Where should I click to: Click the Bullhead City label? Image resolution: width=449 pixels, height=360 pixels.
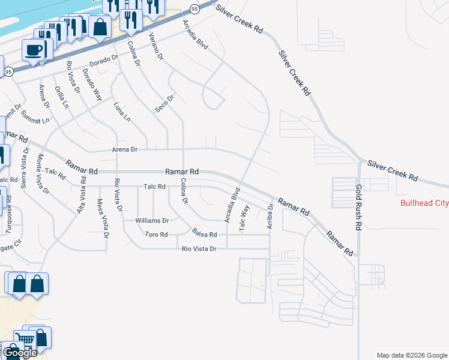pos(424,203)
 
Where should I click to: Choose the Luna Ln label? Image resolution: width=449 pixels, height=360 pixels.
pos(122,112)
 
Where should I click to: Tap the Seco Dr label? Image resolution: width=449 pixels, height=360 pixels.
pos(164,103)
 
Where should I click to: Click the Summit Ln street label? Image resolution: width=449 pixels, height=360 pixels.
pos(34,117)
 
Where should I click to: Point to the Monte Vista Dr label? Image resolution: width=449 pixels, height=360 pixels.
pos(43,175)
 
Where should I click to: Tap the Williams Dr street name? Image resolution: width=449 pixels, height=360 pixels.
pos(152,220)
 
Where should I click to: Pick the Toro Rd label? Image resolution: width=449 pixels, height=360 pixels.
pos(156,234)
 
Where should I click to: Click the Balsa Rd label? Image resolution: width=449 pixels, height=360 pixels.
pos(204,232)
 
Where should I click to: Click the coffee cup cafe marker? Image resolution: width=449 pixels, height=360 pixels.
pos(33,49)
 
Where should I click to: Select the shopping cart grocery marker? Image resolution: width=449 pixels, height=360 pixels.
pos(25,339)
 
